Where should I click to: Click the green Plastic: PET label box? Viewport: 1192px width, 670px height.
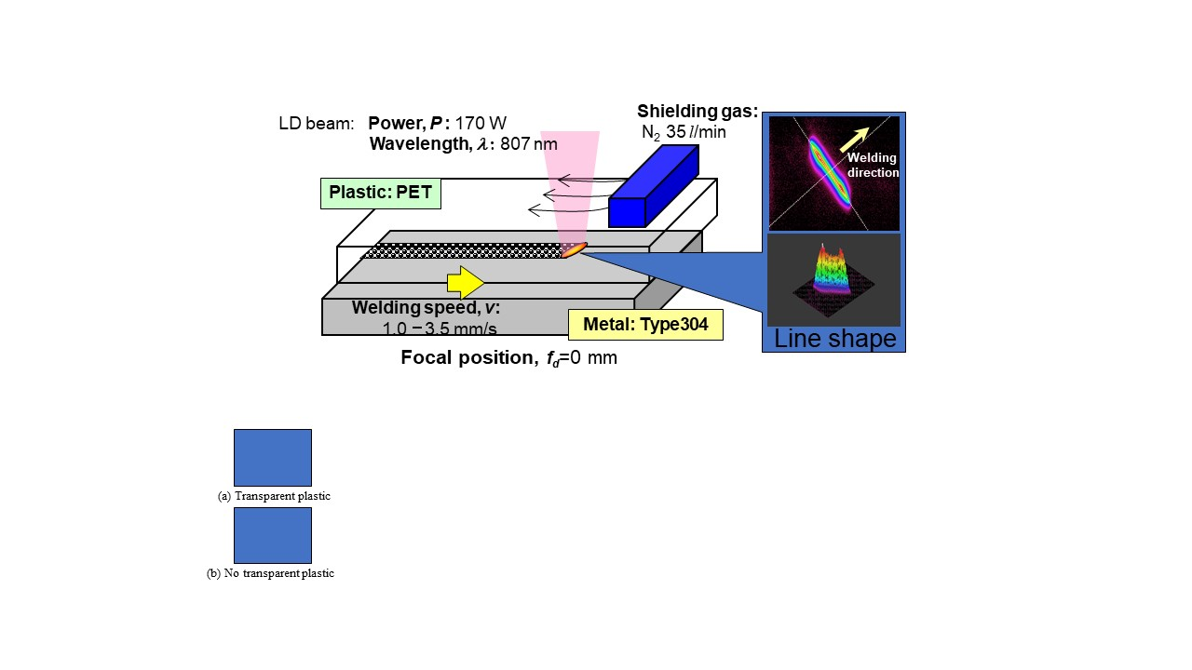point(381,194)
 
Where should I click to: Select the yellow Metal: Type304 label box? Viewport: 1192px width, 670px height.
point(645,325)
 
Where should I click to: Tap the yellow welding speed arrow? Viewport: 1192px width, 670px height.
point(466,282)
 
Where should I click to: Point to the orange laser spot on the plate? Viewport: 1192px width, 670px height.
point(574,248)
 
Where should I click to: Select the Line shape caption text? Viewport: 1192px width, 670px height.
point(834,339)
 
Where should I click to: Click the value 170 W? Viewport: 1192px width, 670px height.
point(481,123)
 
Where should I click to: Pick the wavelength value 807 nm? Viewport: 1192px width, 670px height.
point(529,143)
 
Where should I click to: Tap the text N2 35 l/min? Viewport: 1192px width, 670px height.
point(684,132)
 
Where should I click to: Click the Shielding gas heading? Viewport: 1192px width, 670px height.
point(698,112)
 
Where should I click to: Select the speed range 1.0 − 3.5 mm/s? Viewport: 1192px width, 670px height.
point(439,328)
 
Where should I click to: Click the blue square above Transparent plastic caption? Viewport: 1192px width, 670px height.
point(273,457)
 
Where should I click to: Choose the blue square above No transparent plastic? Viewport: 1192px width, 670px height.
point(273,535)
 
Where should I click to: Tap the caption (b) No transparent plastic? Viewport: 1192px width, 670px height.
point(270,573)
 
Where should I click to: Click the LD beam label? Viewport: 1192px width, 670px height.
point(316,123)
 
